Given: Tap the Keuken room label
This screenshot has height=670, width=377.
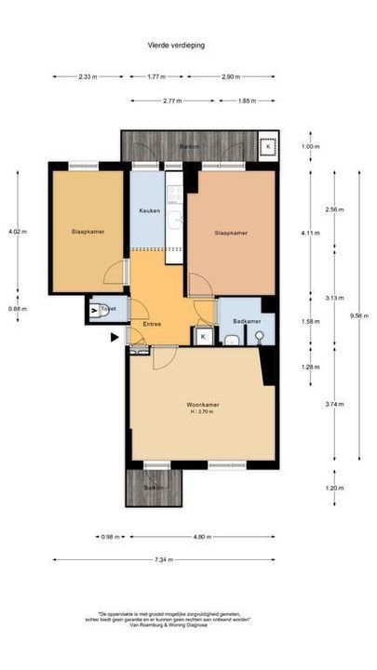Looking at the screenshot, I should pos(149,211).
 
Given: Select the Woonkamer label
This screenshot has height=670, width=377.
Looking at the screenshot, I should pos(201,404).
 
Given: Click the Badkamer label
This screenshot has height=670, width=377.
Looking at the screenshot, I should pos(247,321).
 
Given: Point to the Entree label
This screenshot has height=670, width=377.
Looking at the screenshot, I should pos(152,324).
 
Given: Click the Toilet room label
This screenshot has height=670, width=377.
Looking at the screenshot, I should pos(107,307).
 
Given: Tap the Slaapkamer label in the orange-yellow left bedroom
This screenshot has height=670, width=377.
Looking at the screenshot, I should pos(87,233).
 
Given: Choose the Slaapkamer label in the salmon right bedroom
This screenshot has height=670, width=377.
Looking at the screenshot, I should pos(230,233).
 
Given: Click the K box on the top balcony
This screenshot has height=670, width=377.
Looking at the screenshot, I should pos(269,146).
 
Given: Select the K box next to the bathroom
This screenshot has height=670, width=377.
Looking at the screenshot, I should pos(203,336).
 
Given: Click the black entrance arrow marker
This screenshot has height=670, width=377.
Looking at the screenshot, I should pos(114,338).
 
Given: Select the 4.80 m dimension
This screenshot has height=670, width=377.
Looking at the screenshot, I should pos(205,537).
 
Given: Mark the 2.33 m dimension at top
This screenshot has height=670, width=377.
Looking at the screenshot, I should pos(86,77).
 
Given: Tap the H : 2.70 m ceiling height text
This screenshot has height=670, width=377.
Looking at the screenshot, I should pos(202,411).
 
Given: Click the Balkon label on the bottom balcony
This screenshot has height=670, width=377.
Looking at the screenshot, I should pos(153,488).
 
